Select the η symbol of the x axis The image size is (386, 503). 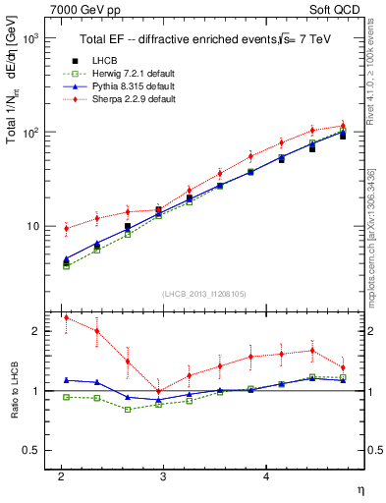(358, 488)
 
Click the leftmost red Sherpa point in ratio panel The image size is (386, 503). (66, 317)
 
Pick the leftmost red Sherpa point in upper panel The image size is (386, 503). (66, 228)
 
